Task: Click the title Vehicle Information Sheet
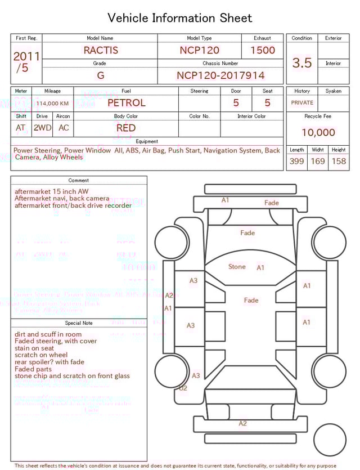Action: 180,18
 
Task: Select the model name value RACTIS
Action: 101,50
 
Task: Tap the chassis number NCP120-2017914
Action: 220,75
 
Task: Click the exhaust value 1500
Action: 262,50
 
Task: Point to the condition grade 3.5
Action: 301,62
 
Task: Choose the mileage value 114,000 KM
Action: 52,104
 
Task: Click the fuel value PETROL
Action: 126,103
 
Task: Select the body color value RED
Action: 125,128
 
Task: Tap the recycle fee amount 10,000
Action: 318,132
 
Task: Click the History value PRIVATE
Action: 302,103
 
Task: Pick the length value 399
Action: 296,161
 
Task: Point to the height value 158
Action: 339,161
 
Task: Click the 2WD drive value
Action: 42,128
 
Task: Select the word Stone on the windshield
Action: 237,266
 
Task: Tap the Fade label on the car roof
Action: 251,300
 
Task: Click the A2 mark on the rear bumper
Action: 242,423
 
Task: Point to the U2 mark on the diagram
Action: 183,388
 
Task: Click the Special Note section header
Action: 79,323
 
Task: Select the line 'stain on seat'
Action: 35,348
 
